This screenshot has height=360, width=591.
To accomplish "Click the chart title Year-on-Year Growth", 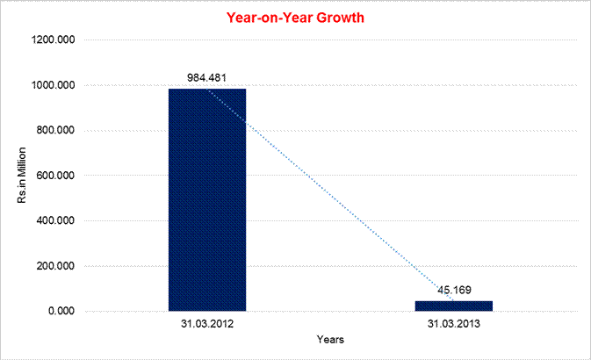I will [295, 17].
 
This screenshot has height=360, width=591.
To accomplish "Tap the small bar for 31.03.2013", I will [454, 306].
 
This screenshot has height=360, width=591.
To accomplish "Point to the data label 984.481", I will [207, 77].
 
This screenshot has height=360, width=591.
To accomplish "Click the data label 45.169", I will [454, 290].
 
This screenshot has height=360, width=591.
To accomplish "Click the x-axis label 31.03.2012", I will [207, 324].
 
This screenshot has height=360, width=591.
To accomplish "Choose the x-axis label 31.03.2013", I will [454, 324].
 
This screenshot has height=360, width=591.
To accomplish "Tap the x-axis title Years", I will [331, 339].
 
